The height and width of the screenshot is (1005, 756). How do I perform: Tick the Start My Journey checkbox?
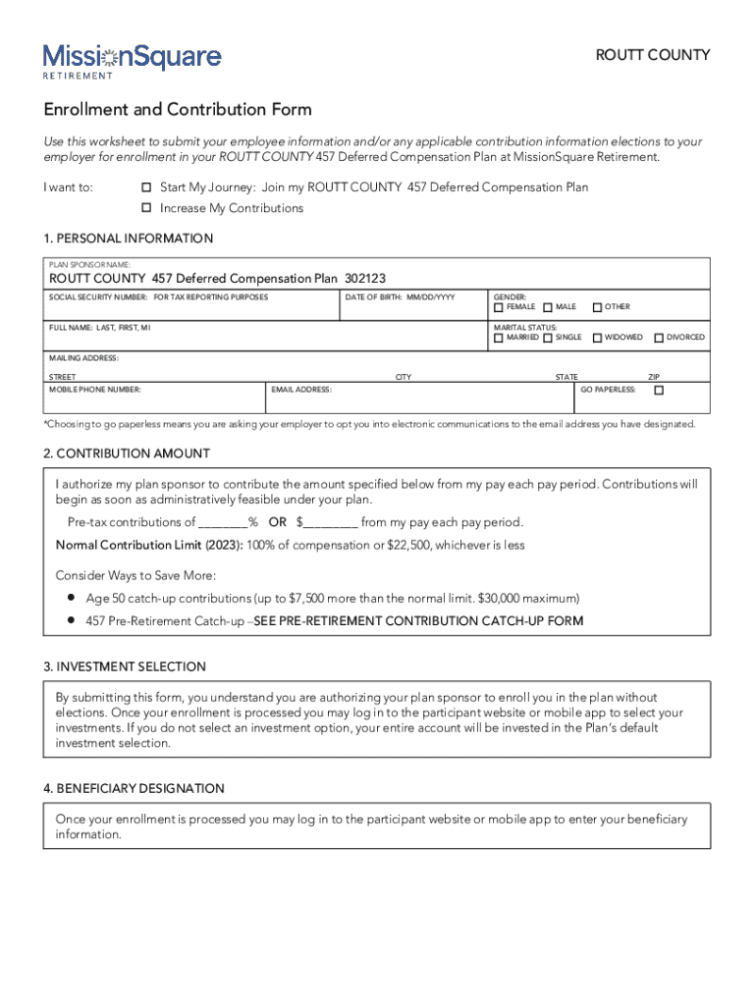point(146,186)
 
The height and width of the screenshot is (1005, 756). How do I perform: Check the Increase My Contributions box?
point(146,208)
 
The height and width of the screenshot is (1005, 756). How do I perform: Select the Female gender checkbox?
point(498,307)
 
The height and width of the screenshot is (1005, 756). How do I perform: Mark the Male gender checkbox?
point(548,307)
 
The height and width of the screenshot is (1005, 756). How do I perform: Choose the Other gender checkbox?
point(596,307)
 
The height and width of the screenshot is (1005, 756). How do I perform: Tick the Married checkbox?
point(498,338)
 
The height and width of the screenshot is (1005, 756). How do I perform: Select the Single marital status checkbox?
point(548,338)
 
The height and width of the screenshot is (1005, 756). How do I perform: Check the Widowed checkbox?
point(596,338)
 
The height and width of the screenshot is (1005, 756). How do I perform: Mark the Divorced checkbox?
point(658,338)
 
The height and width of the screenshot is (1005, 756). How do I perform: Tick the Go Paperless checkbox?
point(659,390)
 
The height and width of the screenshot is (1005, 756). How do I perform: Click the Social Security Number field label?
point(158,295)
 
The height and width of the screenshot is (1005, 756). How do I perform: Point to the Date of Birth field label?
point(400,295)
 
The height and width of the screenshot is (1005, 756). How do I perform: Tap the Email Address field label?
point(301,390)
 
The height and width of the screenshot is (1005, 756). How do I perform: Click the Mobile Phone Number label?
point(95,390)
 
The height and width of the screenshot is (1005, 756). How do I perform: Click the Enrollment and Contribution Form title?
point(178,109)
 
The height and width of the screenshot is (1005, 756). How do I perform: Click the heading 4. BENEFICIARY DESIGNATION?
point(134,788)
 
